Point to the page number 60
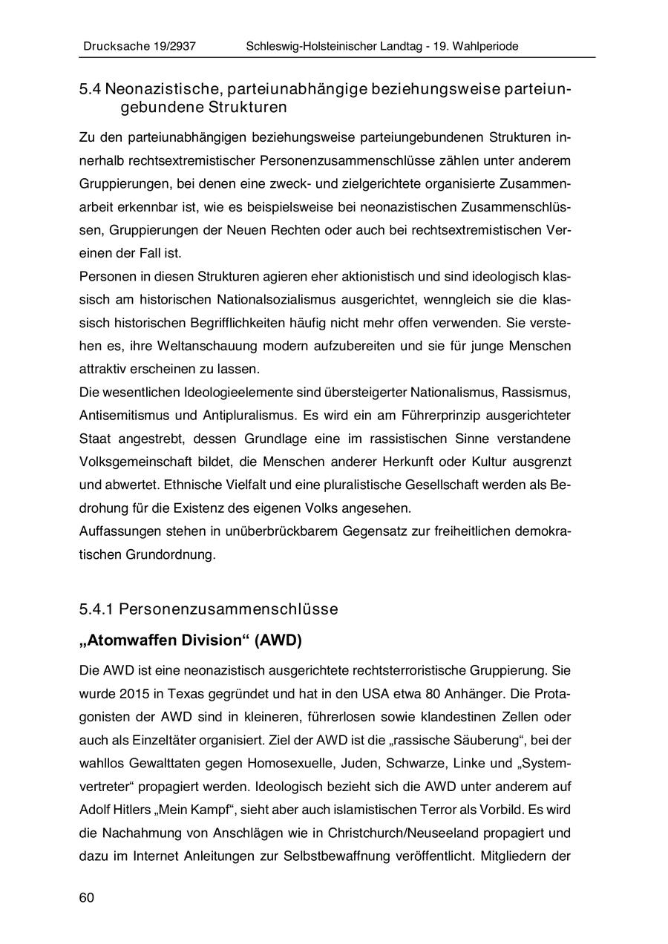click(x=87, y=898)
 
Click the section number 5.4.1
click(x=96, y=609)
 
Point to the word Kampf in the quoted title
click(x=189, y=810)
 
